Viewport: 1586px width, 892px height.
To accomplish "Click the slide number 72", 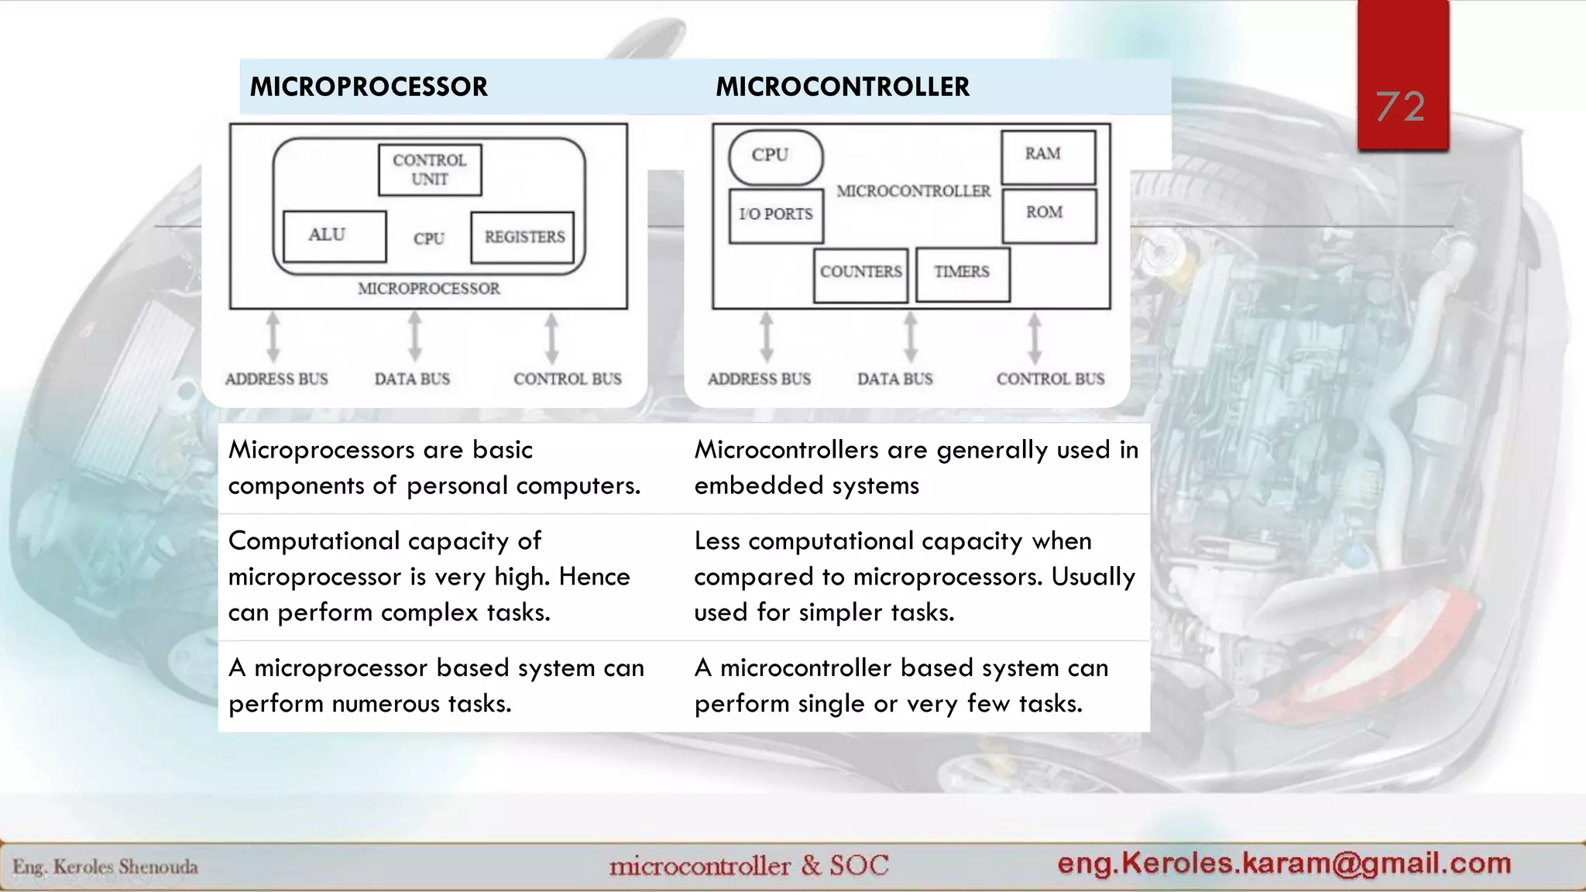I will (1400, 106).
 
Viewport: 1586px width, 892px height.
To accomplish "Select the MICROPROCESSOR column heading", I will (369, 87).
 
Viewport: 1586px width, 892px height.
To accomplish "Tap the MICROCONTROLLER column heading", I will (842, 87).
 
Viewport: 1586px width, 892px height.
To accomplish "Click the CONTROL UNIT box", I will (430, 170).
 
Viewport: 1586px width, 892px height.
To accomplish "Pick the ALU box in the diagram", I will (335, 235).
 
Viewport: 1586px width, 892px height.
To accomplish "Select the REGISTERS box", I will (524, 237).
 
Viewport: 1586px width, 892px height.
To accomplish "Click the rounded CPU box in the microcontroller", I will (775, 156).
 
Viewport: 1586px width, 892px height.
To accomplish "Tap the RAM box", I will (1048, 156).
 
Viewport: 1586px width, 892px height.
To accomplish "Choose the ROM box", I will (1049, 215).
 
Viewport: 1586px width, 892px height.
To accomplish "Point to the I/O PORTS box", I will (776, 215).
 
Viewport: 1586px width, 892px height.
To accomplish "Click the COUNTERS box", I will (860, 273).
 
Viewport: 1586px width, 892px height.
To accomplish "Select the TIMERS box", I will (962, 273).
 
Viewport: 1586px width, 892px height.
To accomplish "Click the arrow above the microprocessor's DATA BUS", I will (415, 336).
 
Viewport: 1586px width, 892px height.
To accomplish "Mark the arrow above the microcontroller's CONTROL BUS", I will (1035, 336).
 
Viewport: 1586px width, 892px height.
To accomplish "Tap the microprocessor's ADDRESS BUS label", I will (276, 379).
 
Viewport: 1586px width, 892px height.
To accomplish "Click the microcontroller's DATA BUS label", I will (894, 379).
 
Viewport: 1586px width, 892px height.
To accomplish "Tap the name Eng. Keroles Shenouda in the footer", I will (105, 866).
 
